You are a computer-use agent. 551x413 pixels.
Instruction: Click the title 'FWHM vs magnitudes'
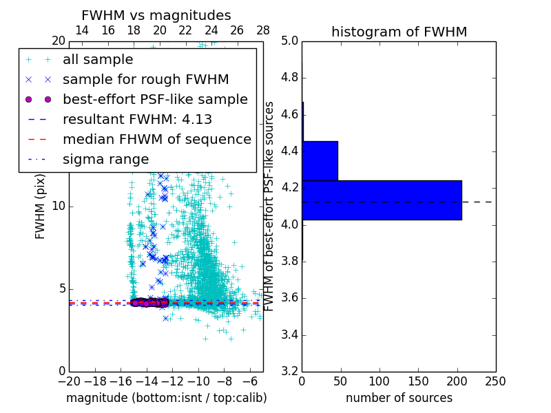coord(156,15)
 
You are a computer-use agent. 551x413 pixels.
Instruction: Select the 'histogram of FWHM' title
coord(399,32)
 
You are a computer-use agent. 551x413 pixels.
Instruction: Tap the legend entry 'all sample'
coord(98,60)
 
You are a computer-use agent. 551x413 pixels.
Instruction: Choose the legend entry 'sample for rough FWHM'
coord(145,80)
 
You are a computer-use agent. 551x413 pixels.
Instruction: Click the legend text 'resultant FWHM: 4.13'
coord(137,120)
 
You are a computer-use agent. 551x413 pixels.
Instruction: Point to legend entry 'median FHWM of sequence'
coord(156,140)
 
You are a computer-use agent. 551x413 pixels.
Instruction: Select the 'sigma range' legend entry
coord(105,160)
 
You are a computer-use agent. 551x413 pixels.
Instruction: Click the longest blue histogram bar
coord(382,200)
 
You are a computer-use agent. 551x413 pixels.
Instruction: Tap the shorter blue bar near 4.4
coord(320,160)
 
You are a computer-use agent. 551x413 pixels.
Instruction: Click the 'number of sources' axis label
coord(399,398)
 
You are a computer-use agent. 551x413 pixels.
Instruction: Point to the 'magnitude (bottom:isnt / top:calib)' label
coord(166,398)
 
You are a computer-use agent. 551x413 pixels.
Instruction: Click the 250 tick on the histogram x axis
coord(495,381)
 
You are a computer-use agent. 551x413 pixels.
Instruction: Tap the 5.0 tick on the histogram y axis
coord(289,41)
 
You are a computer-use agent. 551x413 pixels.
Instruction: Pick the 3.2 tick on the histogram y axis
coord(289,372)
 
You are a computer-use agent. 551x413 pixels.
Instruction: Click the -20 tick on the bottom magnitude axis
coord(69,381)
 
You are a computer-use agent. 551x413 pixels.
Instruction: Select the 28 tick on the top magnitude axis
coord(263,30)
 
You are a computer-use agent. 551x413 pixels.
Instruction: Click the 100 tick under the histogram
coord(380,381)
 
